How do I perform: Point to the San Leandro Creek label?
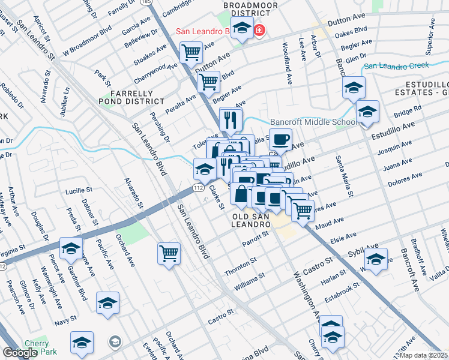coord(397,65)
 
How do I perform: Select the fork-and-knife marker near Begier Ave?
coord(231,119)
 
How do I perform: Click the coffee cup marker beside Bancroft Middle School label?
coord(280,140)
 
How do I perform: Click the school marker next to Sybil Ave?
coord(376,260)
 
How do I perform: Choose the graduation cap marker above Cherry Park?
coord(82,343)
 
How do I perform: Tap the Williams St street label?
coord(249,281)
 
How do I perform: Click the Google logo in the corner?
coord(20,353)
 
